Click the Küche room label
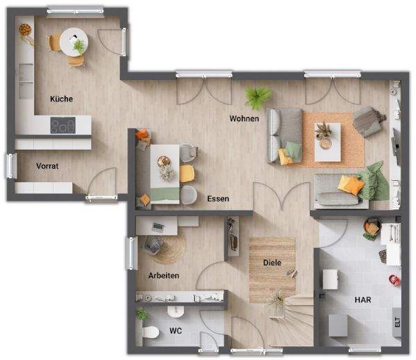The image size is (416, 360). (x=61, y=99)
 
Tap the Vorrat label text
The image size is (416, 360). (x=47, y=166)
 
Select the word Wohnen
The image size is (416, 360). (x=244, y=119)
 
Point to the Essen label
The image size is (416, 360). (x=218, y=199)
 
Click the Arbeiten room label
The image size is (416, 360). (x=164, y=276)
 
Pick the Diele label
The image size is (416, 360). (x=272, y=263)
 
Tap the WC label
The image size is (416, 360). (x=176, y=331)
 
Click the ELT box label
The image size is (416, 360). (x=397, y=322)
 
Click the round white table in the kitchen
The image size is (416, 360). (x=72, y=42)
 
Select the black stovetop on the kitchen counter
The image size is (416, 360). (x=63, y=126)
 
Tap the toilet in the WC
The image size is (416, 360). (x=149, y=332)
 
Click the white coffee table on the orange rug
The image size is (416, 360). (x=327, y=136)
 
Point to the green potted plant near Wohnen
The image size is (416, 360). (x=258, y=97)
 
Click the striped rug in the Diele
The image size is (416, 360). (x=272, y=268)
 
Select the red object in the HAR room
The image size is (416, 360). (x=394, y=280)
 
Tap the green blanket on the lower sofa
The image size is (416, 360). (x=374, y=180)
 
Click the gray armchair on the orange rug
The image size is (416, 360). (x=368, y=122)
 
